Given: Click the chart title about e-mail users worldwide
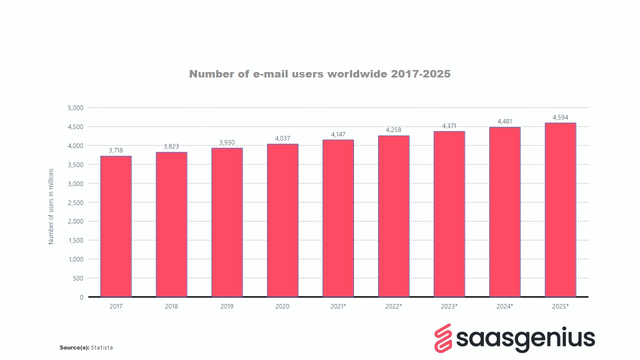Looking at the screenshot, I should tap(320, 74).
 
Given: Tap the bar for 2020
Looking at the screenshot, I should tap(282, 220).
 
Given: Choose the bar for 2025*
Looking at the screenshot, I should tap(560, 210).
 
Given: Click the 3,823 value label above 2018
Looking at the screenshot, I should tap(171, 146).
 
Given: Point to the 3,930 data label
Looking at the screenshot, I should tap(227, 142).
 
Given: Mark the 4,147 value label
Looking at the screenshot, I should tap(338, 134).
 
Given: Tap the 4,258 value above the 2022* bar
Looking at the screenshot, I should tap(393, 130).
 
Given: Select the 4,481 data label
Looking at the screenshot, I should tap(504, 121).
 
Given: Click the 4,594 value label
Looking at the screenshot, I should tap(560, 117).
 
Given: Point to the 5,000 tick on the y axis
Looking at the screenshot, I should tap(75, 108).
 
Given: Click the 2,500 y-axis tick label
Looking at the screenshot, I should tap(75, 202).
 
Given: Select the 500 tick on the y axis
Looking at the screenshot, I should tap(78, 278).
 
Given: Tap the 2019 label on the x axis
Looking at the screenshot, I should tap(226, 306).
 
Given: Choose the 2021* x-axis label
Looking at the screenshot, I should tap(338, 306).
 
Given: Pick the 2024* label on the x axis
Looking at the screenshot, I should tap(504, 306).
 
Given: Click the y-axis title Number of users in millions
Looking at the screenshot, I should tap(51, 206).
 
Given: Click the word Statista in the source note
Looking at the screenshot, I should tap(102, 347).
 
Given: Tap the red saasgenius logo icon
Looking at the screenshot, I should tap(442, 337).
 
